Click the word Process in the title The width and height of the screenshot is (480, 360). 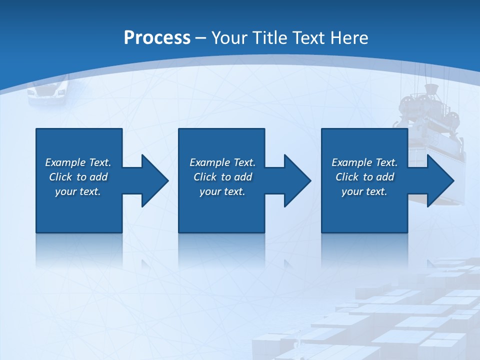point(157,38)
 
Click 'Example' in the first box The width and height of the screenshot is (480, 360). point(65,162)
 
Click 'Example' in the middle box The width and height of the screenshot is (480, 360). point(210,162)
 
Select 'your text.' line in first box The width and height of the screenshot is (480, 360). point(78,191)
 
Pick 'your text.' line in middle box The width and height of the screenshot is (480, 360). point(222,191)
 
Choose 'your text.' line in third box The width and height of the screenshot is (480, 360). point(364,191)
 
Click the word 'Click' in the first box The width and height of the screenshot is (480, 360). point(60,177)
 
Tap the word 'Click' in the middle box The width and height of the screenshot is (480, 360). point(205,177)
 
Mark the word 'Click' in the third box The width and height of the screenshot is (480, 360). point(347,177)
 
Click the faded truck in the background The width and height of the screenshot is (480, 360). point(48,91)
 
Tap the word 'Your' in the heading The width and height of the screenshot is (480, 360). point(227,38)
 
